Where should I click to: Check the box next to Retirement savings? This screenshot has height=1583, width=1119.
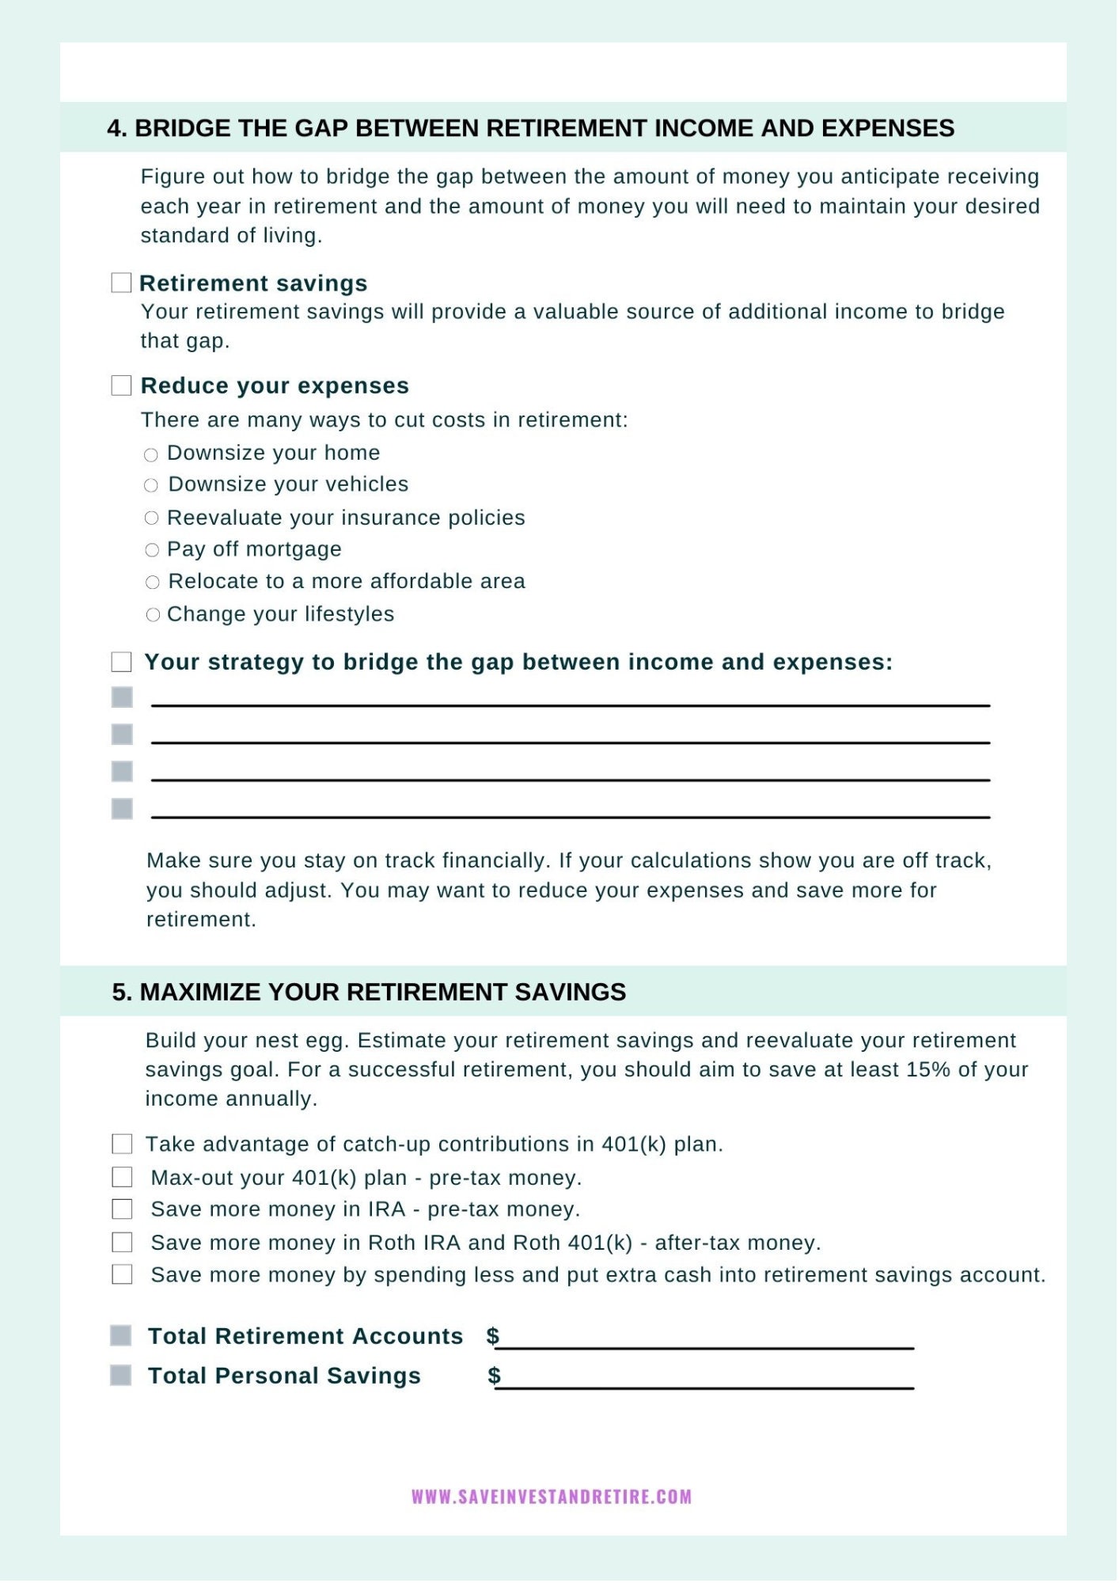[121, 283]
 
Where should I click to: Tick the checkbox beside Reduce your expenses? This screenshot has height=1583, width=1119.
[121, 385]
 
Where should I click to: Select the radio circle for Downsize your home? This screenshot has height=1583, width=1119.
[151, 455]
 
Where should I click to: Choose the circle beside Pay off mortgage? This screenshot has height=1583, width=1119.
[152, 550]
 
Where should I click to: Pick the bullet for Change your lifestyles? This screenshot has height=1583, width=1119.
[153, 615]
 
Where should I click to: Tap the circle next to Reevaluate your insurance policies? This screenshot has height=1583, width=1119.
[152, 518]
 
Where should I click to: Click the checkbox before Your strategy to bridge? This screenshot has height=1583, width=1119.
[122, 662]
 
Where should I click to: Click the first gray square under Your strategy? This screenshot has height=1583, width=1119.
[122, 697]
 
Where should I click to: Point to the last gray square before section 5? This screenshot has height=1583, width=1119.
[122, 809]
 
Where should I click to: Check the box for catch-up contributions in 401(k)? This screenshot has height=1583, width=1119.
[122, 1145]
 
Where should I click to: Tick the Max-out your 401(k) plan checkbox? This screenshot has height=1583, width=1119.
[122, 1178]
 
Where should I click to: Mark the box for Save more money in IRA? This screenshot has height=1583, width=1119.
[122, 1209]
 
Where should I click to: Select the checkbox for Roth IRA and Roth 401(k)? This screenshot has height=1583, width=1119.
[122, 1243]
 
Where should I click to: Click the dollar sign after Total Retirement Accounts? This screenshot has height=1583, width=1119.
[493, 1336]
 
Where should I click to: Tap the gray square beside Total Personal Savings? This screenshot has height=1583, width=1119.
[120, 1376]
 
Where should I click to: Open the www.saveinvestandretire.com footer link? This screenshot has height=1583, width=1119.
[552, 1497]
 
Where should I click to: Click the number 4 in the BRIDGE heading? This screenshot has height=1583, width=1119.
[116, 128]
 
